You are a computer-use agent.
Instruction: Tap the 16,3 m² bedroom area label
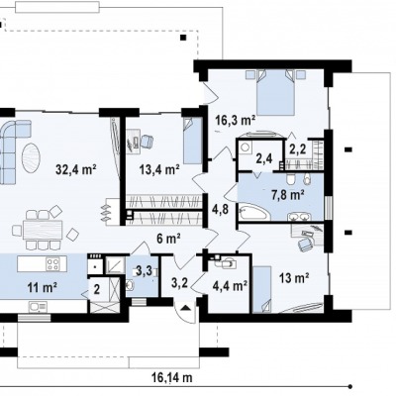(x=236, y=120)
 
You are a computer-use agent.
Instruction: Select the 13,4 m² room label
(x=159, y=170)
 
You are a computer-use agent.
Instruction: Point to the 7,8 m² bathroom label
(x=287, y=195)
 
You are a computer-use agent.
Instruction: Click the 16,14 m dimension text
(x=172, y=377)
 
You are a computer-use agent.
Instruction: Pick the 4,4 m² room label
(x=230, y=286)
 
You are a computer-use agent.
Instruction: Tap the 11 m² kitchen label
(x=43, y=288)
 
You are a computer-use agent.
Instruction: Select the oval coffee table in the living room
(x=32, y=157)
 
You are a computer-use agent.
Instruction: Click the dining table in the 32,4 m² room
(x=43, y=230)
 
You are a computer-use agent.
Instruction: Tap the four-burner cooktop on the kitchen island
(x=52, y=264)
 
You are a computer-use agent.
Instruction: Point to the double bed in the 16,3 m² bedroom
(x=275, y=93)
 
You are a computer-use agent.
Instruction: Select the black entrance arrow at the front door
(x=186, y=308)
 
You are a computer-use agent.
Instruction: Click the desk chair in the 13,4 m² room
(x=147, y=142)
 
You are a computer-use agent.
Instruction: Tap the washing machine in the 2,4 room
(x=245, y=147)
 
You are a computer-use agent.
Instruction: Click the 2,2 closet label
(x=298, y=148)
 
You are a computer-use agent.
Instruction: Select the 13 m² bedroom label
(x=294, y=278)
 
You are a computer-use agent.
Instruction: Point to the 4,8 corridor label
(x=221, y=209)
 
